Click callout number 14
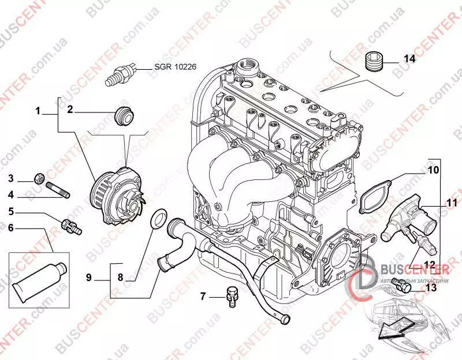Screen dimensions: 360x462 409,59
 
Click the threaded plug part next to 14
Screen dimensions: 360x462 374,60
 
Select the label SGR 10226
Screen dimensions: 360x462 175,67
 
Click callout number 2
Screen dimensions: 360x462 70,109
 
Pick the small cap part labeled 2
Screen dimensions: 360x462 123,114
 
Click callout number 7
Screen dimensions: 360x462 203,297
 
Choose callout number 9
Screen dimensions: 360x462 89,277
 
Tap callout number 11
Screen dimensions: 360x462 451,202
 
